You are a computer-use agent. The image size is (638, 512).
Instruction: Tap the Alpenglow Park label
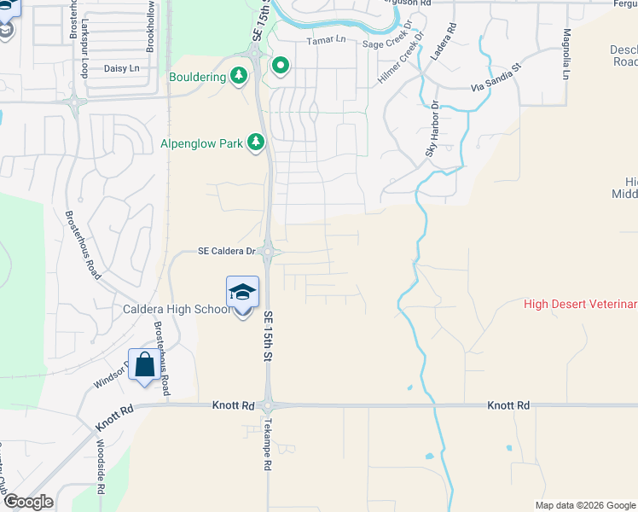click(x=202, y=143)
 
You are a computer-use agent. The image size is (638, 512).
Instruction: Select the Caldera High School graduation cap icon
click(x=242, y=292)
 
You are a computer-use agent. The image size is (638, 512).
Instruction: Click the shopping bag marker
click(x=144, y=364)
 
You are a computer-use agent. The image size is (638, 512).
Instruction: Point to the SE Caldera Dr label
click(x=227, y=251)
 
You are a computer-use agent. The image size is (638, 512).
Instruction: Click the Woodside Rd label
click(x=101, y=468)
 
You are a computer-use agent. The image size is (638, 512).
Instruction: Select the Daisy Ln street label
click(x=120, y=67)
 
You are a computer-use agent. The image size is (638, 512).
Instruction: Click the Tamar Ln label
click(x=323, y=41)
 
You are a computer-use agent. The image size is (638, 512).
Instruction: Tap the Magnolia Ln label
click(x=565, y=54)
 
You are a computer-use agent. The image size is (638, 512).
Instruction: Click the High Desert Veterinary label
click(x=580, y=304)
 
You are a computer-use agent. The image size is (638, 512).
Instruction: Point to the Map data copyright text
click(x=584, y=505)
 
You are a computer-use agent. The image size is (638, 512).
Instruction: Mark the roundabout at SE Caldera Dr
click(x=268, y=251)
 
